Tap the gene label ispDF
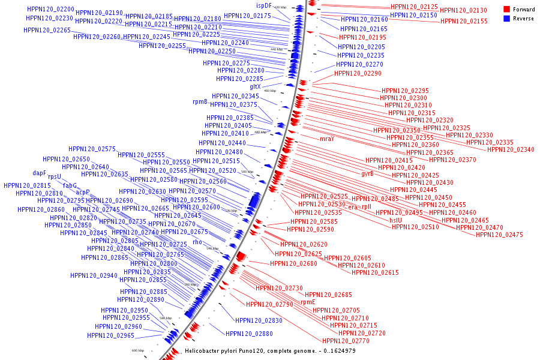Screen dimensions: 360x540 272,5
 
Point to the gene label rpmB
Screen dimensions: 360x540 200,102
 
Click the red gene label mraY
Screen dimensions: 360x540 326,139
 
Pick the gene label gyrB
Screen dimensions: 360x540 367,174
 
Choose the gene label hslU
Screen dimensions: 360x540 395,220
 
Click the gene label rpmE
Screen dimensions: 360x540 308,302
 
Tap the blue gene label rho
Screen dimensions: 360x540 197,242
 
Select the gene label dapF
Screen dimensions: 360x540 39,173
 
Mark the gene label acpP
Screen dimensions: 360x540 83,193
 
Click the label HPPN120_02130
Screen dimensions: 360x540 463,11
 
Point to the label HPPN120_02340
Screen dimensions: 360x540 510,149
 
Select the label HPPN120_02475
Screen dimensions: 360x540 499,235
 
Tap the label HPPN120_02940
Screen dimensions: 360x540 94,275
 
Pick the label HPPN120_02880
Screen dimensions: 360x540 249,334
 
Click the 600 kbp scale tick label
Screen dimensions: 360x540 138,350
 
